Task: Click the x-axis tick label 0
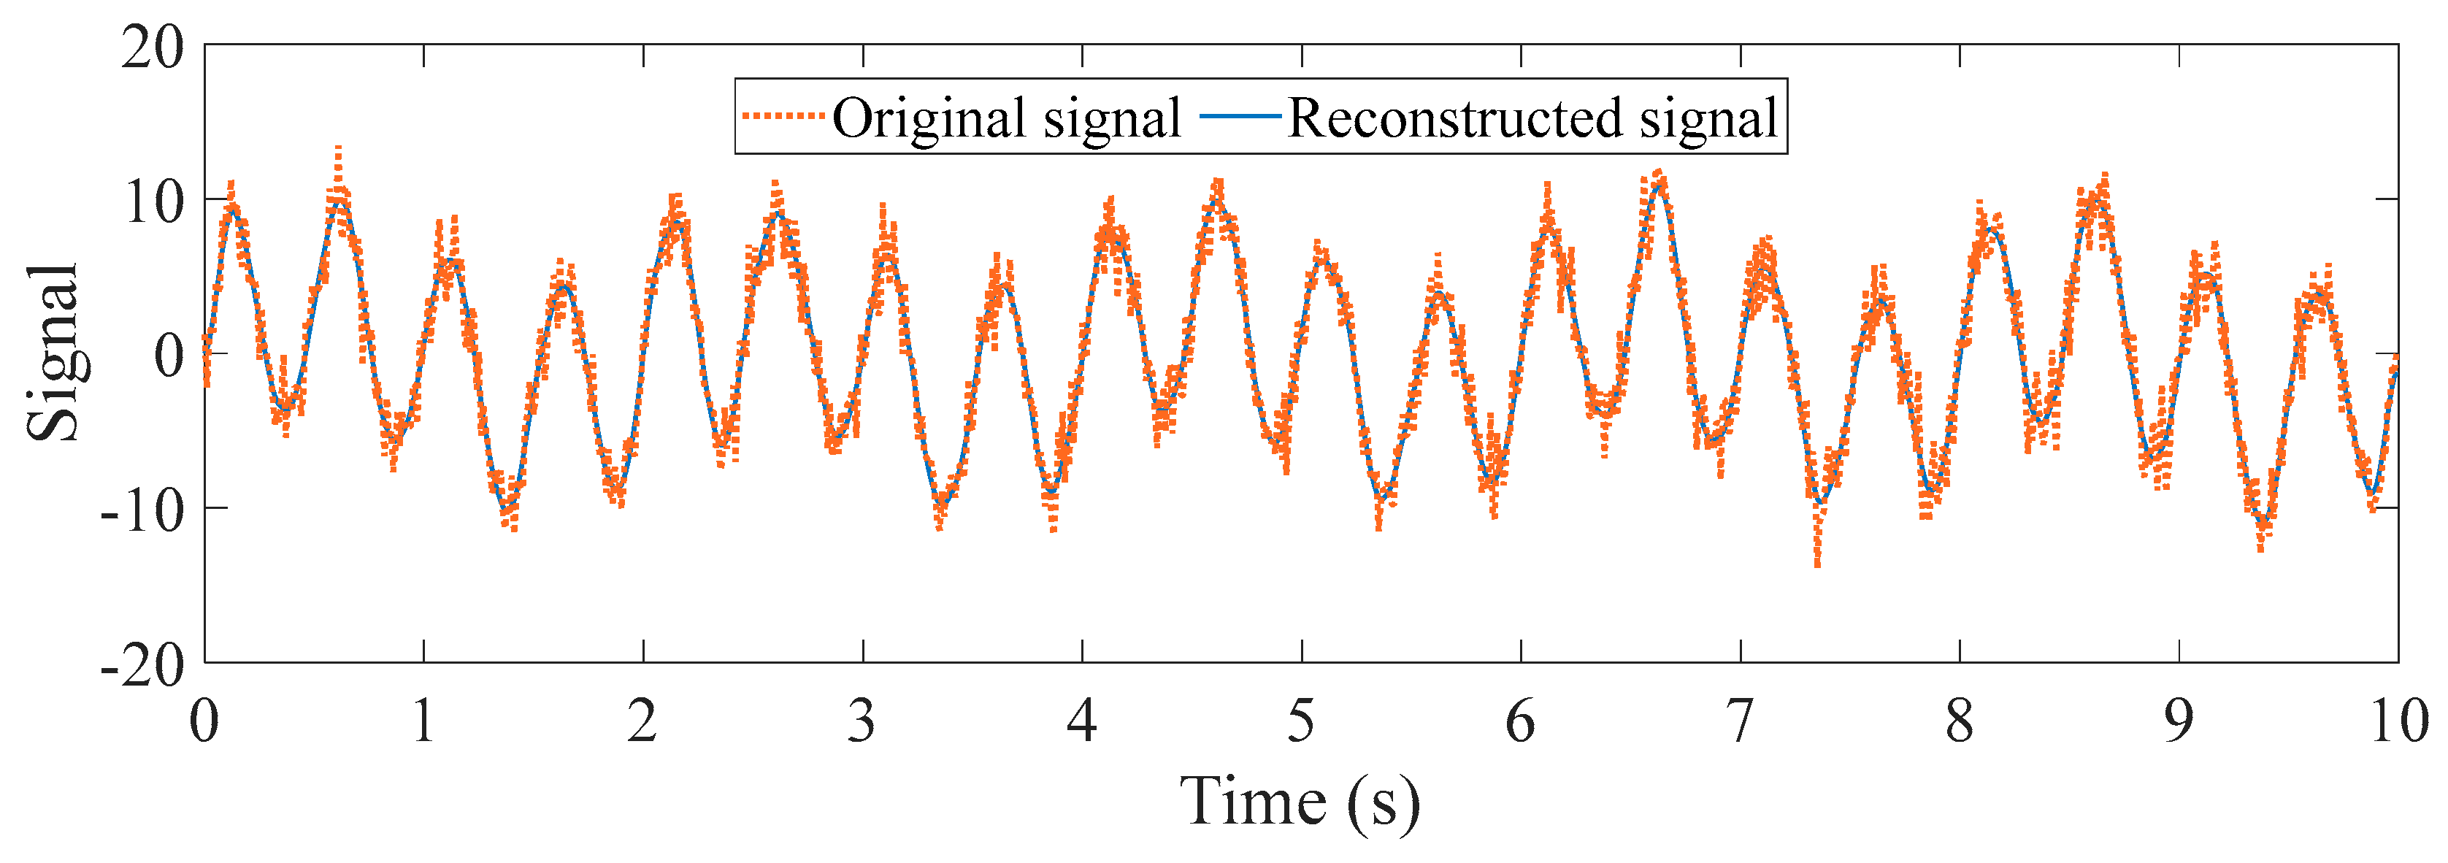tap(204, 721)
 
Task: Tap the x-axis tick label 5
tap(1301, 721)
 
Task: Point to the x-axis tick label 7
tap(1739, 721)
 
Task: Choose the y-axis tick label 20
tap(152, 47)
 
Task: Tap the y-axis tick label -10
tap(142, 511)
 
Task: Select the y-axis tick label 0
tap(169, 357)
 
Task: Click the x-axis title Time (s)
tap(1300, 803)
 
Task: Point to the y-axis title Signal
tap(53, 353)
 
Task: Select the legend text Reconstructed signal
tap(1532, 119)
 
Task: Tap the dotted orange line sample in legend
tap(782, 116)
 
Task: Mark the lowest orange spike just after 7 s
tap(1817, 563)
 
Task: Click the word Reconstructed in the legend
tap(1454, 119)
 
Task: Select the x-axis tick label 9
tap(2178, 721)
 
